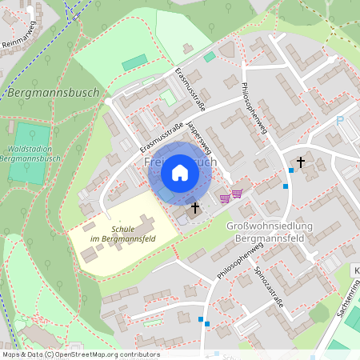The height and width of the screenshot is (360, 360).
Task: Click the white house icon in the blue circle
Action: click(x=179, y=172)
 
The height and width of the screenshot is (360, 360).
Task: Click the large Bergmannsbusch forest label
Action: click(x=53, y=93)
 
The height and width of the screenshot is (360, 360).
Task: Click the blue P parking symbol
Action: click(x=339, y=122)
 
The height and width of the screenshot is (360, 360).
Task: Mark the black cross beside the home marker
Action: click(x=194, y=209)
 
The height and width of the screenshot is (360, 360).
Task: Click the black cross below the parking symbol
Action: click(x=301, y=162)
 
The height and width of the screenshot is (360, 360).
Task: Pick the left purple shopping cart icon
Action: click(x=226, y=197)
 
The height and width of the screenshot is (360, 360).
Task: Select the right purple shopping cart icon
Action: click(x=238, y=194)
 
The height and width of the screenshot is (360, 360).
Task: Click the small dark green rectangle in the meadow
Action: click(x=134, y=62)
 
